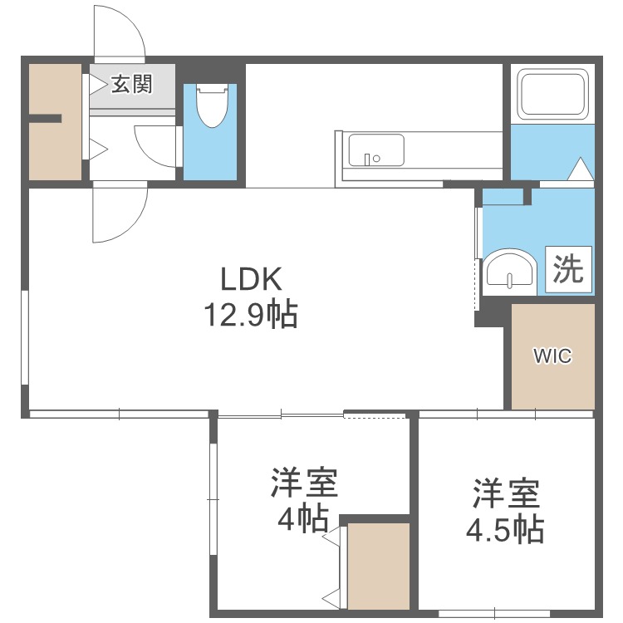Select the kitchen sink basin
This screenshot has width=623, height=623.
[375, 150]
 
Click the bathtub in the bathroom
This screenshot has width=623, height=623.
[552, 94]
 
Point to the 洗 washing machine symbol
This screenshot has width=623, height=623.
[569, 270]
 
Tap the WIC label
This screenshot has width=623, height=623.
[552, 356]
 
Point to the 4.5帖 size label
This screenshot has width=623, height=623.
[506, 528]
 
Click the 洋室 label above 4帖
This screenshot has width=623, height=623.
[303, 483]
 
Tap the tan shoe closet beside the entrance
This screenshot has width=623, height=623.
[56, 121]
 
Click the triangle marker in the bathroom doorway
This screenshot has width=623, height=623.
[580, 170]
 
